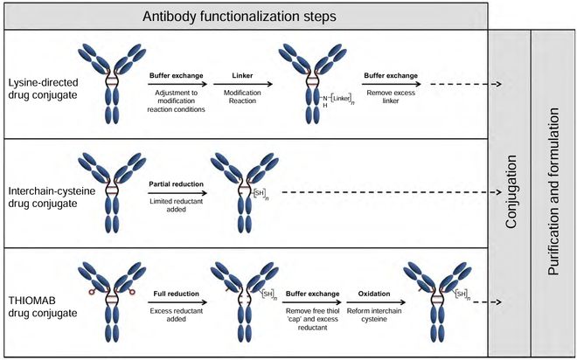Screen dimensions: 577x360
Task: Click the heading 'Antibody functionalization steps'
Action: [240, 17]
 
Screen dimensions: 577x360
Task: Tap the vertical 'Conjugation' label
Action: [511, 191]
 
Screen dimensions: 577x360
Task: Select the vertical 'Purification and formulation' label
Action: [553, 191]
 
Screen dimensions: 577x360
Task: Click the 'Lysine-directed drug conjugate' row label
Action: [43, 88]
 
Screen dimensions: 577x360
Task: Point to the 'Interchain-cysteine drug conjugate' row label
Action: [52, 197]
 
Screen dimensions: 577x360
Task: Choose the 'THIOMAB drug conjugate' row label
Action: [43, 307]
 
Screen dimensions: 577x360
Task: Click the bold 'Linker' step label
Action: [242, 75]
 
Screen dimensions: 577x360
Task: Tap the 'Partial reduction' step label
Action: [177, 183]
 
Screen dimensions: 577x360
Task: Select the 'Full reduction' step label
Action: [177, 294]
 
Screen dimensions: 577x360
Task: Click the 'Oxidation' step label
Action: [374, 294]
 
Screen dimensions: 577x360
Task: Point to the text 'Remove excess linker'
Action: [391, 97]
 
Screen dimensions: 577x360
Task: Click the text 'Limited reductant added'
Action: [177, 205]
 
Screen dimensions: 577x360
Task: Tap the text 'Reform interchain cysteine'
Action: [374, 315]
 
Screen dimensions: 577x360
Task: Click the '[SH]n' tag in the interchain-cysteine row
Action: [261, 193]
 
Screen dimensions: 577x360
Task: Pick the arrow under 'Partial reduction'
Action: [177, 193]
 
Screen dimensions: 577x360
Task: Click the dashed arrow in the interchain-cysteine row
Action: [392, 192]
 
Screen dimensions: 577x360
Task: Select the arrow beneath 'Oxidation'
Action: [376, 302]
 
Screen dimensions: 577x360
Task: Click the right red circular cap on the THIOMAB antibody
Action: [132, 292]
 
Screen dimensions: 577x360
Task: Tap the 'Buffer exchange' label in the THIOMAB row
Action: [312, 294]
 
